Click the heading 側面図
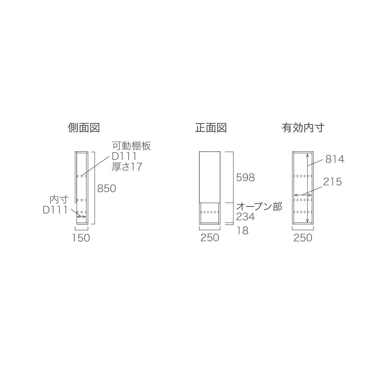click(x=84, y=127)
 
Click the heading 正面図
click(x=211, y=127)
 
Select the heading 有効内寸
click(x=303, y=127)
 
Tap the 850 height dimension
click(x=107, y=189)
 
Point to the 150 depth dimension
click(x=81, y=238)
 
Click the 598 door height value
click(x=245, y=177)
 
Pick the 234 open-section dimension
click(x=245, y=217)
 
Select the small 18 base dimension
click(x=242, y=231)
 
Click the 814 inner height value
click(x=335, y=159)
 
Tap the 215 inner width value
click(x=332, y=182)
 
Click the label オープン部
click(x=259, y=207)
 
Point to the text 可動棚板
click(x=132, y=146)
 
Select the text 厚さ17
click(x=127, y=167)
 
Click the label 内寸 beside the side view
click(x=59, y=200)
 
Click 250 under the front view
click(x=210, y=238)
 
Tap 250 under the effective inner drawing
click(x=303, y=238)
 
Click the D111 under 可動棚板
click(x=124, y=156)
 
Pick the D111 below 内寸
click(x=55, y=210)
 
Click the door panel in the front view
click(x=210, y=177)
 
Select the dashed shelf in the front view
click(x=210, y=212)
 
